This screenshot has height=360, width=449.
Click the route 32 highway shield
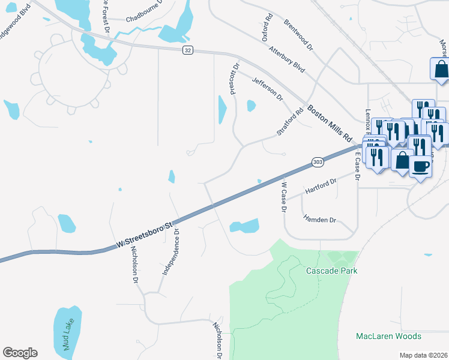click(188, 50)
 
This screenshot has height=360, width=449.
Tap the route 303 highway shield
click(318, 162)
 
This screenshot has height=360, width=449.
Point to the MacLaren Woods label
click(388, 336)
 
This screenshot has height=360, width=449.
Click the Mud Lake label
click(67, 333)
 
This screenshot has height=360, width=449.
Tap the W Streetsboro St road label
click(145, 235)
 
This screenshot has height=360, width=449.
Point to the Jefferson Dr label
click(267, 89)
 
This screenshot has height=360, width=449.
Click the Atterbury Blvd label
click(288, 59)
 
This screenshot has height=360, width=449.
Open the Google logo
click(20, 353)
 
